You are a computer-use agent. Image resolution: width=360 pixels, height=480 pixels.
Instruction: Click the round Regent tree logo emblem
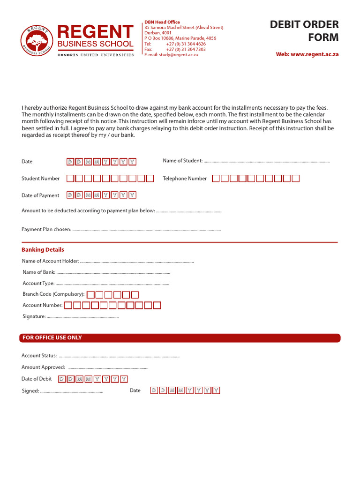point(37,41)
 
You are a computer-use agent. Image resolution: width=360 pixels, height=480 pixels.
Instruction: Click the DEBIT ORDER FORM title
point(304,30)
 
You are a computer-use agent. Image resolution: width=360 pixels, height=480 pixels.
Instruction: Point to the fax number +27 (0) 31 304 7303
point(186,49)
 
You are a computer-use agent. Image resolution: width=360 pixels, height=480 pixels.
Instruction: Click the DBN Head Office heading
point(162,22)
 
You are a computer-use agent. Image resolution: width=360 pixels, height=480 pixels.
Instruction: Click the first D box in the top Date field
point(70,162)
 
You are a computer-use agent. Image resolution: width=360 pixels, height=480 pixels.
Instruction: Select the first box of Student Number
point(70,179)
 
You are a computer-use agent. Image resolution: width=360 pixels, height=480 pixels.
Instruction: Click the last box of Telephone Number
point(295,179)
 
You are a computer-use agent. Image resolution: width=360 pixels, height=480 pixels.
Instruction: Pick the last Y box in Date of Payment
point(132,195)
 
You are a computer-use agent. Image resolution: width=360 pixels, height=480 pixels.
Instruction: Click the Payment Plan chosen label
point(46,230)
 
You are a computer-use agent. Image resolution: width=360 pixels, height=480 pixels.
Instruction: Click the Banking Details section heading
point(43,250)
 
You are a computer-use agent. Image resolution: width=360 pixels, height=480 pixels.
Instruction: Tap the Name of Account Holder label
point(51,261)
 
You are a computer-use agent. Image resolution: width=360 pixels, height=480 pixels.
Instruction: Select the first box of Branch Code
point(91,295)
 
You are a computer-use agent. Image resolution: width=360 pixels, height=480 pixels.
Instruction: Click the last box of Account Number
point(157,306)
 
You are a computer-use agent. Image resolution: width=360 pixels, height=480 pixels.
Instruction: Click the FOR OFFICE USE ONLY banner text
point(52,338)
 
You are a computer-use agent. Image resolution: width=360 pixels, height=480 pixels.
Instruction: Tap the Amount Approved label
point(43,367)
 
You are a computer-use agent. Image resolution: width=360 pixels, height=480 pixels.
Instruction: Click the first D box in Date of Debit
point(61,379)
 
